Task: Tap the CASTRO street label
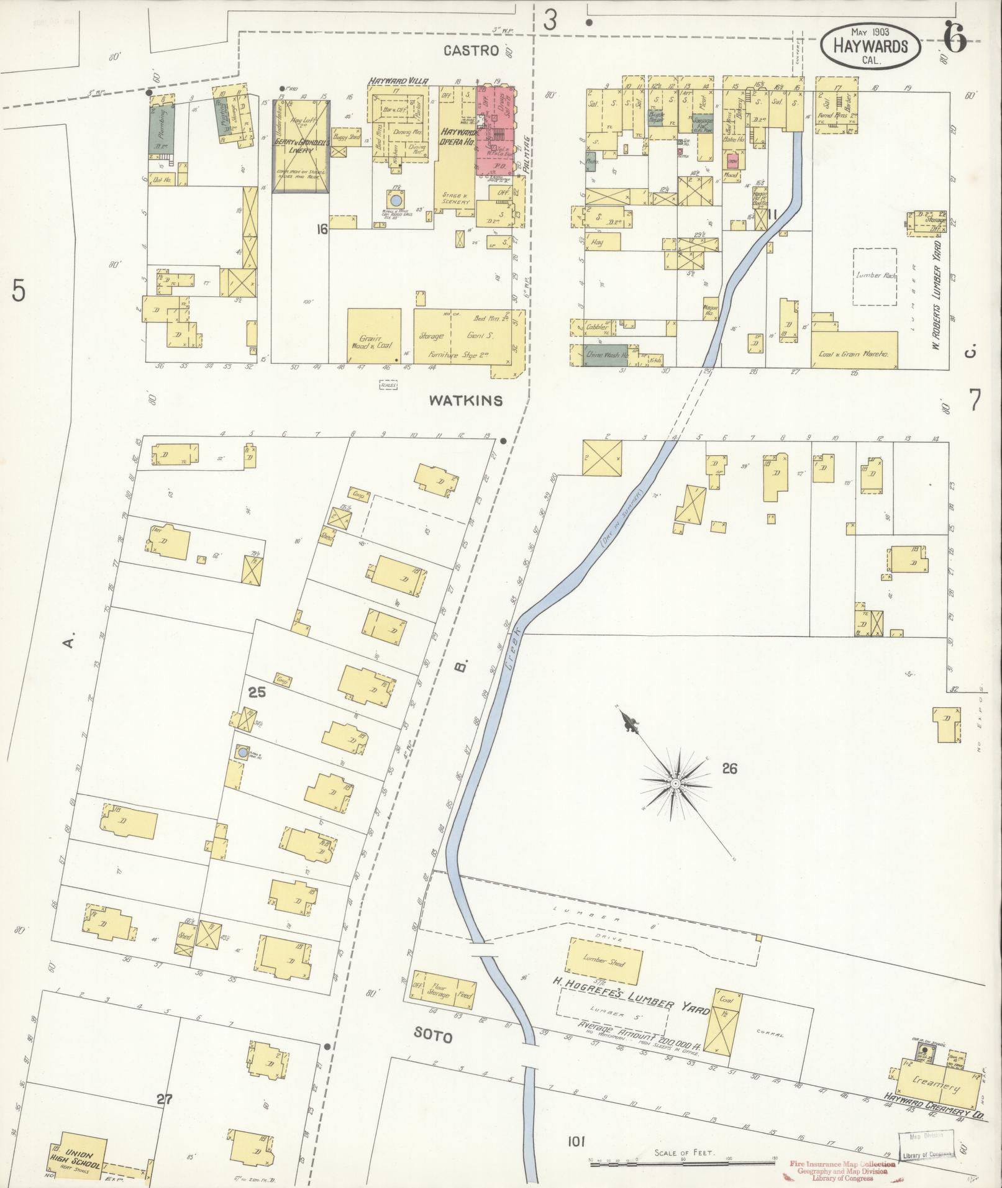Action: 471,50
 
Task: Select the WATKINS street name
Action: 465,401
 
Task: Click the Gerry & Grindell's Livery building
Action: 301,146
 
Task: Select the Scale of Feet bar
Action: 683,1163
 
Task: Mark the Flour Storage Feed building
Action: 444,993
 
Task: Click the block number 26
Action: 729,769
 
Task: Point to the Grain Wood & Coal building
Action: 374,335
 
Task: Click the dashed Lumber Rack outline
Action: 875,276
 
